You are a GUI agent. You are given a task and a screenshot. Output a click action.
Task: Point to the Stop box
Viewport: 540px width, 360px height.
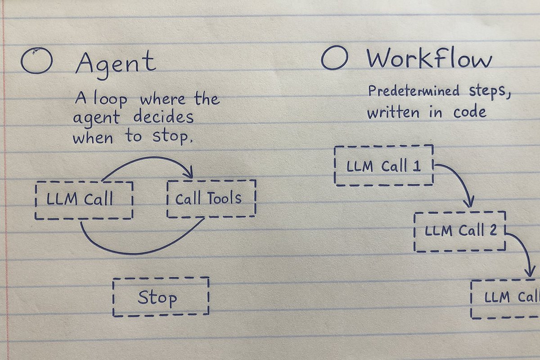click(x=161, y=278)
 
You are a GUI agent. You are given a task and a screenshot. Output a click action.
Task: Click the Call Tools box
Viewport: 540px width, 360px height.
click(x=211, y=180)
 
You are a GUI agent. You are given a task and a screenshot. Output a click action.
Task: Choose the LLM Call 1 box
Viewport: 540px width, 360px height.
click(x=384, y=146)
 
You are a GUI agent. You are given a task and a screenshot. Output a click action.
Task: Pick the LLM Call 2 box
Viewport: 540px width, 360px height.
click(x=459, y=213)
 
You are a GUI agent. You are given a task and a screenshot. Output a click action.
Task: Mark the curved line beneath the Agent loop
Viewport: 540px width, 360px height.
click(x=135, y=253)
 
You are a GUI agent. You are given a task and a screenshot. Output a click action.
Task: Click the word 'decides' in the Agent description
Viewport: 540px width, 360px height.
click(x=163, y=117)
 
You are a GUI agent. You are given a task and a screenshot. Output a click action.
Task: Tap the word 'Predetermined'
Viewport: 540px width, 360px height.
click(x=414, y=91)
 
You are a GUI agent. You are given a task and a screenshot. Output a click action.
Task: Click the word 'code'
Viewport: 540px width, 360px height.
click(x=470, y=112)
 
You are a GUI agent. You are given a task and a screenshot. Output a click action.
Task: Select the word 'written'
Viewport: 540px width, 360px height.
click(x=393, y=112)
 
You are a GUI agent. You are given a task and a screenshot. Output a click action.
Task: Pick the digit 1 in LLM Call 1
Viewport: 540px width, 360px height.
click(x=417, y=166)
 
